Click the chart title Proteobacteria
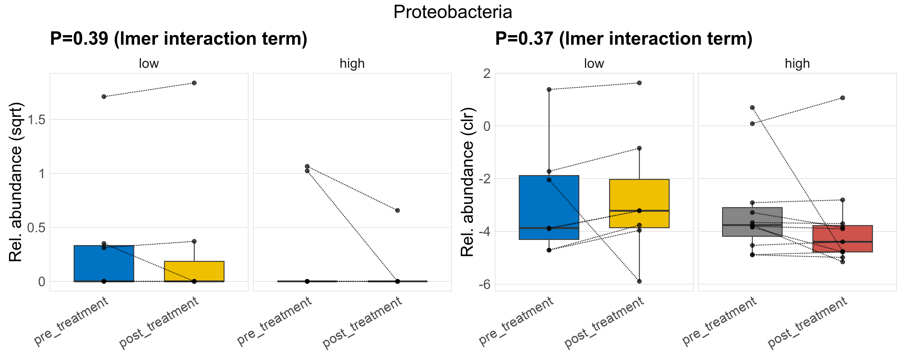(x=453, y=12)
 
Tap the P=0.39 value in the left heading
(x=79, y=39)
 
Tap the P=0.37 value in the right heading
(x=524, y=39)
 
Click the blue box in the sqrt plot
(x=104, y=263)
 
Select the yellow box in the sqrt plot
(x=194, y=271)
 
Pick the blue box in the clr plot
(x=549, y=207)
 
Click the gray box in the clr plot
(x=752, y=222)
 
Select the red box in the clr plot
(x=842, y=239)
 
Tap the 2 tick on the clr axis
(x=487, y=73)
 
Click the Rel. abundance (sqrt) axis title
(x=16, y=182)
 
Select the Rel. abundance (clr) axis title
(x=467, y=182)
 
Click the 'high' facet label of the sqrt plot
(x=352, y=64)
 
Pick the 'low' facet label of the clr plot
(x=594, y=64)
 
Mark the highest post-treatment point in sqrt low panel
(x=194, y=83)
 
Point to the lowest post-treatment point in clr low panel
(x=639, y=281)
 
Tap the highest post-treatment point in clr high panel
(x=843, y=98)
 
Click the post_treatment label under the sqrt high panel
(x=362, y=322)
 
